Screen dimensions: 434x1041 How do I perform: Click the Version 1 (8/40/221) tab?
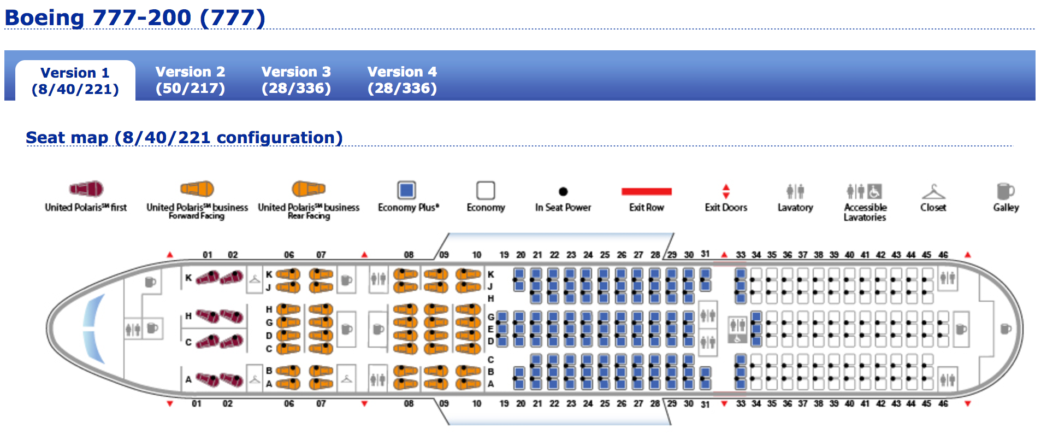coord(75,81)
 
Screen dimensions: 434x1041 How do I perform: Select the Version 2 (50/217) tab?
coord(190,80)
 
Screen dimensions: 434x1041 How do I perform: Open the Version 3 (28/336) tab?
coord(296,80)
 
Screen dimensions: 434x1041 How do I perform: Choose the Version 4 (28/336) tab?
coord(402,80)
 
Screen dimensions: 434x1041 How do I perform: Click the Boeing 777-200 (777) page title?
coord(135,17)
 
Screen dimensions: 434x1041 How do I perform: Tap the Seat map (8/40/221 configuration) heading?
coord(184,137)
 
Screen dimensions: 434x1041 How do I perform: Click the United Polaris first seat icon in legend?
coord(86,189)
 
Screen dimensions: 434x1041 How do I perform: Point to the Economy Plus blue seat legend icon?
coord(406,190)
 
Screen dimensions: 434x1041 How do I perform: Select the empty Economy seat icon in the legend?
coord(486,191)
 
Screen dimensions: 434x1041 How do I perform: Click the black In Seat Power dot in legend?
coord(563,191)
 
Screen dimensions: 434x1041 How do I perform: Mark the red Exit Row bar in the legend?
coord(646,191)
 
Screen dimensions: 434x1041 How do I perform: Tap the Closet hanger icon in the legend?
coord(933,191)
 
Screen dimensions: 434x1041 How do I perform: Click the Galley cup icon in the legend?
coord(1005,191)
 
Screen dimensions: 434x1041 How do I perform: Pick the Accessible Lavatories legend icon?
coord(865,191)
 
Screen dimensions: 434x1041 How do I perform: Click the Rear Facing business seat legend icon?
coord(309,189)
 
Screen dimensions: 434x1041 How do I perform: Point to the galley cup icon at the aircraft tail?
coord(1005,329)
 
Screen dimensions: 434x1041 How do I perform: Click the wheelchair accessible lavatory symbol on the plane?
coord(737,338)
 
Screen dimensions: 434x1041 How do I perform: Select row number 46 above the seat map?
coord(943,255)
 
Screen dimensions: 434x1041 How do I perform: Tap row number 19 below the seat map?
coord(504,403)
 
